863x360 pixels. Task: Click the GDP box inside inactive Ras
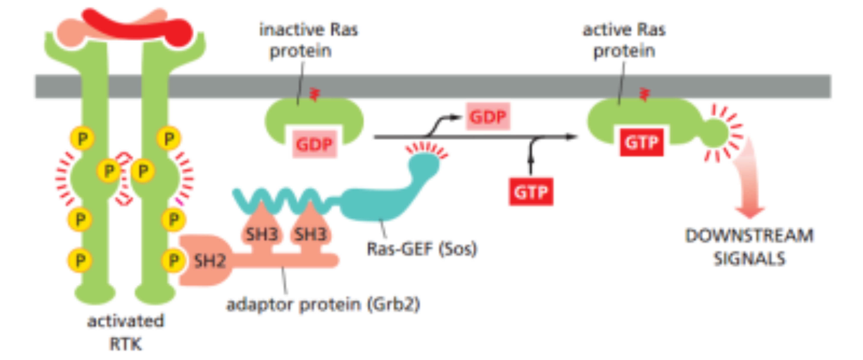pyautogui.click(x=314, y=144)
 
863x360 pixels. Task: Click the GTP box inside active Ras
pyautogui.click(x=641, y=142)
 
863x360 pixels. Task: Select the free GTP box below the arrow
pyautogui.click(x=531, y=192)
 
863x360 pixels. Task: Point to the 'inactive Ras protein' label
pyautogui.click(x=308, y=40)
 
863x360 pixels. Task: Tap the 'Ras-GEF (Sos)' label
pyautogui.click(x=421, y=249)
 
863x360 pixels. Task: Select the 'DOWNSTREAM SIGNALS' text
pyautogui.click(x=749, y=247)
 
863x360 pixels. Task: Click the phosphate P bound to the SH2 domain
pyautogui.click(x=173, y=261)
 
